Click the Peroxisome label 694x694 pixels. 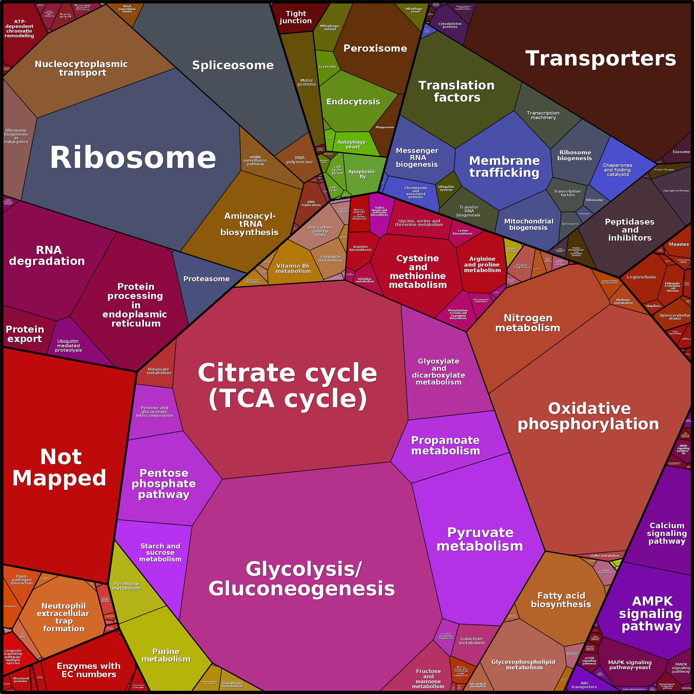pos(375,49)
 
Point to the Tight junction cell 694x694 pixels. pos(296,17)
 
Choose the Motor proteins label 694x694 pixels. pos(307,82)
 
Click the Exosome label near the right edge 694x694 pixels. pos(681,152)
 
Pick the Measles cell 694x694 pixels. pos(679,244)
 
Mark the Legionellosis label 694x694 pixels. pos(641,277)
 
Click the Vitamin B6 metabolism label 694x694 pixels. pos(293,268)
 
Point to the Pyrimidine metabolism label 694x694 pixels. pos(127,586)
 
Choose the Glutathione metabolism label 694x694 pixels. pos(232,685)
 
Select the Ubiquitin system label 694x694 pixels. pos(446,188)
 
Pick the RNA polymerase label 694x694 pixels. pos(299,160)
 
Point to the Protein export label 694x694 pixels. pos(25,334)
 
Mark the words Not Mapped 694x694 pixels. pos(60,467)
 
